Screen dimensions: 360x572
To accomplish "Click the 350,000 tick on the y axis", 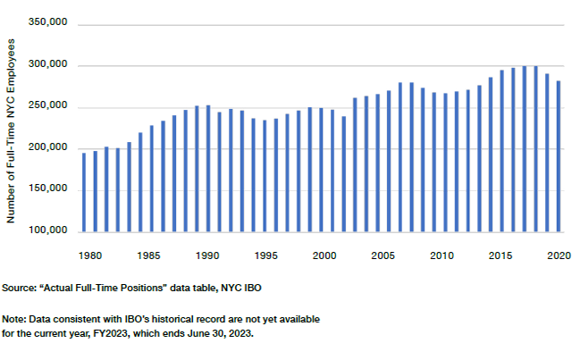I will coord(49,24).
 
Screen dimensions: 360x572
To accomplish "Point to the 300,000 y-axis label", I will coord(49,65).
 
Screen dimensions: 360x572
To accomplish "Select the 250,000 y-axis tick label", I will coord(49,106).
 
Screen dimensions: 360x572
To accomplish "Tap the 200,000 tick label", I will coord(49,148).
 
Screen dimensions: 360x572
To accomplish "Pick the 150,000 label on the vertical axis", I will coord(49,189).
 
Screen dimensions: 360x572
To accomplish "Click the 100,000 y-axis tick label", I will coord(49,230).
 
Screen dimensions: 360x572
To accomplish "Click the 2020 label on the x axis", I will coord(559,256).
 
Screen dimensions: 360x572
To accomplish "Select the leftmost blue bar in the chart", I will coord(84,191).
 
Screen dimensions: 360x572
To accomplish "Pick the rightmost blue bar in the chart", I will coord(559,155).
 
